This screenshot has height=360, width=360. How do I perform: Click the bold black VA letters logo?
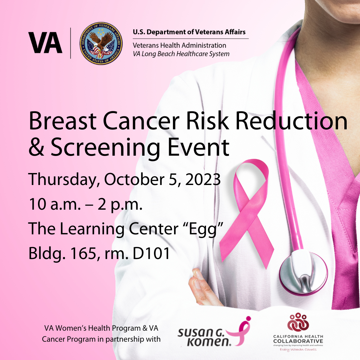(x=45, y=43)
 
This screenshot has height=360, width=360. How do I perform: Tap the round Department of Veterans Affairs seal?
(x=101, y=44)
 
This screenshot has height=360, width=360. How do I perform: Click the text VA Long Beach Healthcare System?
(x=181, y=53)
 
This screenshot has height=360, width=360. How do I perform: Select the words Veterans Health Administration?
(x=179, y=45)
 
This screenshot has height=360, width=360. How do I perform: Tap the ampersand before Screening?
(x=36, y=147)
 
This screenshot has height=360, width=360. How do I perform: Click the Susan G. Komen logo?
(x=213, y=333)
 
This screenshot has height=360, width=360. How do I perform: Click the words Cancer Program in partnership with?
(x=101, y=339)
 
